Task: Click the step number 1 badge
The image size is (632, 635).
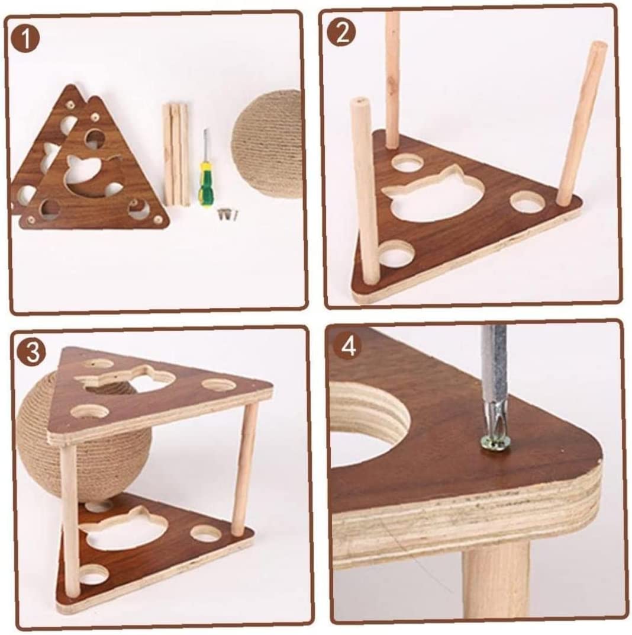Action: click(x=25, y=39)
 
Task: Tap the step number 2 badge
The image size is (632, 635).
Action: click(x=342, y=33)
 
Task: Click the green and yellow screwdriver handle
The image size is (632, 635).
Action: click(x=205, y=184)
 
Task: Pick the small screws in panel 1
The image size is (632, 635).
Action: click(x=228, y=214)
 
